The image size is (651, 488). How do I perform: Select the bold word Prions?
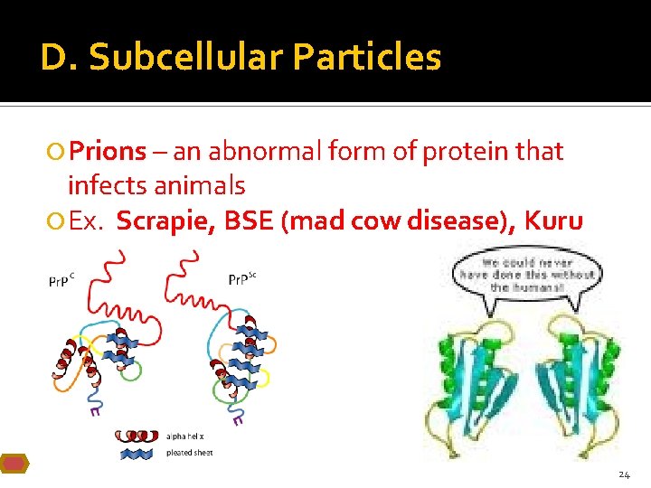coord(107,151)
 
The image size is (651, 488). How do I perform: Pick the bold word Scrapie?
coord(165,221)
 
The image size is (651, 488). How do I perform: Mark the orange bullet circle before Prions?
coord(57,152)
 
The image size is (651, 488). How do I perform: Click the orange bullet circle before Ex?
coord(57,221)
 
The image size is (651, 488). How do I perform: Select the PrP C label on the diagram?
coord(61,282)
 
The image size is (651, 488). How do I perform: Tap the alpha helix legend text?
coord(184,436)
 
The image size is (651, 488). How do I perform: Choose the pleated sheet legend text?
coord(189,453)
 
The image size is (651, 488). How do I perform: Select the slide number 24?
coord(624,474)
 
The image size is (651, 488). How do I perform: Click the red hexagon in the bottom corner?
coord(14,464)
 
